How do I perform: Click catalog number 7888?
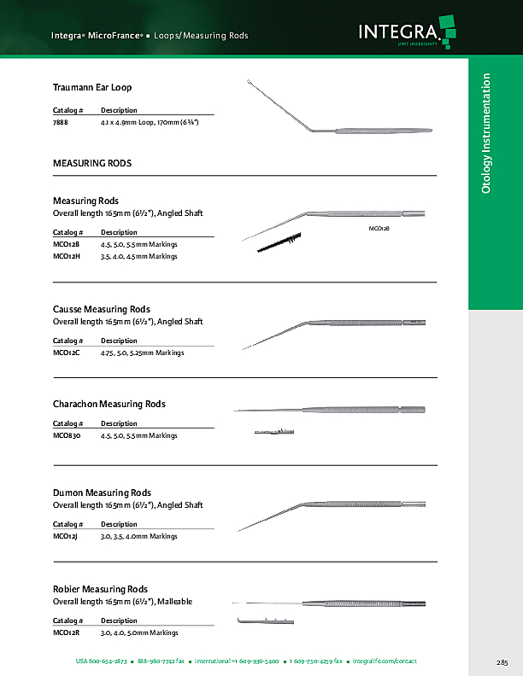pyautogui.click(x=61, y=123)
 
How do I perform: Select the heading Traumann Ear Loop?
pyautogui.click(x=92, y=87)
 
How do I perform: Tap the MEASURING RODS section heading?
pyautogui.click(x=92, y=162)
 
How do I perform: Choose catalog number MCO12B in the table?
pyautogui.click(x=66, y=244)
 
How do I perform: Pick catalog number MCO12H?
pyautogui.click(x=66, y=255)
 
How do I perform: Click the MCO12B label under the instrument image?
pyautogui.click(x=379, y=230)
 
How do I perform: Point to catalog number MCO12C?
pyautogui.click(x=66, y=353)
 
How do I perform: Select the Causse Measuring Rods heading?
pyautogui.click(x=102, y=309)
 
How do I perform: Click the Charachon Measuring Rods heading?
pyautogui.click(x=109, y=404)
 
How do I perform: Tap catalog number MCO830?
pyautogui.click(x=67, y=435)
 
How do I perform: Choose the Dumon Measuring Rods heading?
pyautogui.click(x=103, y=493)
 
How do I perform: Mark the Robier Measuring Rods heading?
pyautogui.click(x=100, y=590)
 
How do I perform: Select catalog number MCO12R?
pyautogui.click(x=66, y=632)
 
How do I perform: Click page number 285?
pyautogui.click(x=502, y=662)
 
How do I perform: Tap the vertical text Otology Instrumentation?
pyautogui.click(x=487, y=132)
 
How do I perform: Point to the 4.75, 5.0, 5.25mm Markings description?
pyautogui.click(x=142, y=353)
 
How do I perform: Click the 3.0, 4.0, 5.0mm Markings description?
pyautogui.click(x=139, y=632)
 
